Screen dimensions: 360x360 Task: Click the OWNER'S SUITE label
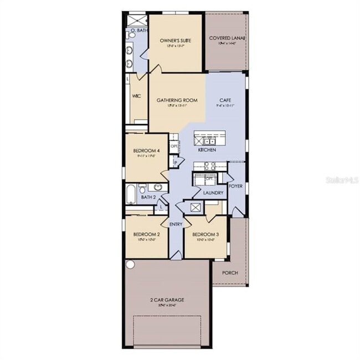point(175,41)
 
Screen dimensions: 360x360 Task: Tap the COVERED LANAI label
point(227,38)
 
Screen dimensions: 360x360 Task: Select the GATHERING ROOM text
point(177,101)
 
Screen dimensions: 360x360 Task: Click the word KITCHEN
point(207,150)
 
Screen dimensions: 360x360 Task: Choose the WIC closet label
point(137,96)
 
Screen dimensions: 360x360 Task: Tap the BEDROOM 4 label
point(147,151)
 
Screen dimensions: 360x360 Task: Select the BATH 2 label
point(147,197)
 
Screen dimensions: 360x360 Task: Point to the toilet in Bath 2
point(142,187)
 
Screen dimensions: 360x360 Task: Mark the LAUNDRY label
point(213,193)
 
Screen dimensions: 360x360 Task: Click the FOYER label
point(236,186)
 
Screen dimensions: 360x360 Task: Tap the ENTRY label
point(176,224)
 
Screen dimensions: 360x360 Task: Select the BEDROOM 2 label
point(147,235)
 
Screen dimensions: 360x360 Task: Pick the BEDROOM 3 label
point(205,235)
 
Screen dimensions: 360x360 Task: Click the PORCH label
point(230,273)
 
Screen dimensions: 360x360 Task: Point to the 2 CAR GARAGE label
point(167,300)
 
